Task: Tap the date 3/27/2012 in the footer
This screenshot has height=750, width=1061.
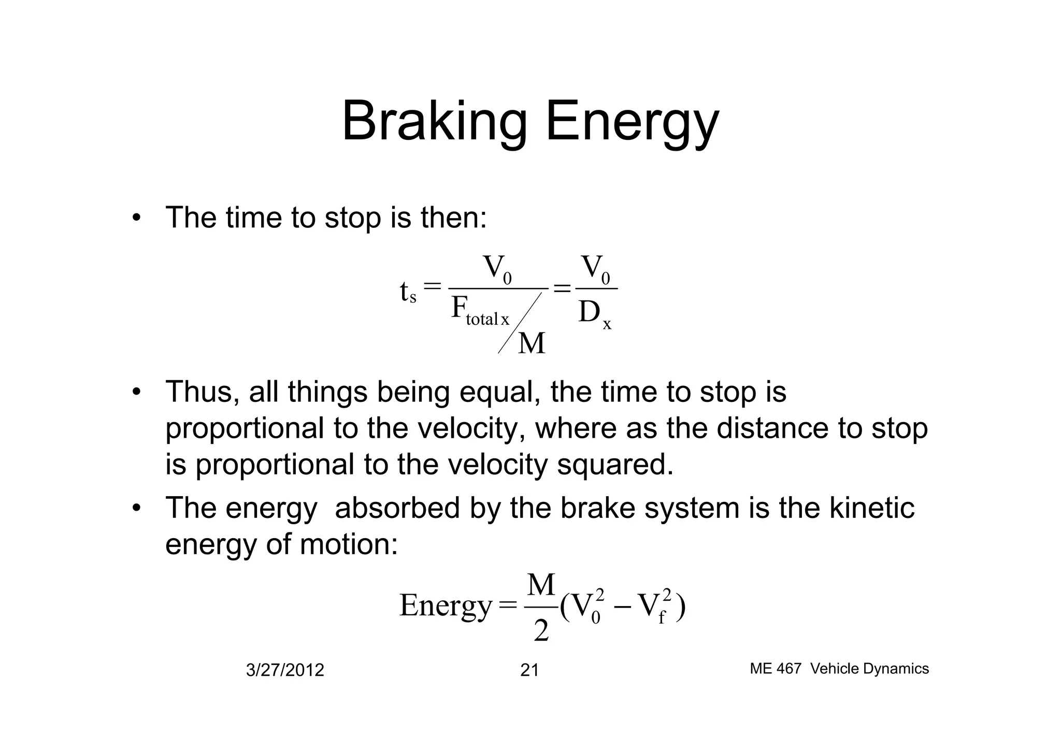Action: pyautogui.click(x=284, y=670)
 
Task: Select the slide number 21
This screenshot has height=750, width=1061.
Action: pyautogui.click(x=529, y=670)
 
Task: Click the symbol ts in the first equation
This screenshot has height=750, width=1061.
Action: pyautogui.click(x=408, y=292)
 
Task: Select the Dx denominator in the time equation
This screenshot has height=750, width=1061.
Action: pyautogui.click(x=594, y=314)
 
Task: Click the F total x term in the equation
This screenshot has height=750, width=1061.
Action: pyautogui.click(x=480, y=311)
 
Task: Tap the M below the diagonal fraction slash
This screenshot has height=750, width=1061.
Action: pyautogui.click(x=532, y=343)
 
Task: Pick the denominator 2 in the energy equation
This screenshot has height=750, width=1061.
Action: pyautogui.click(x=541, y=631)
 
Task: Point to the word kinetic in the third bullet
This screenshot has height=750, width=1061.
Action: pyautogui.click(x=872, y=508)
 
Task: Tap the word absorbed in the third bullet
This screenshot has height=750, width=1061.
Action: pyautogui.click(x=397, y=508)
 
